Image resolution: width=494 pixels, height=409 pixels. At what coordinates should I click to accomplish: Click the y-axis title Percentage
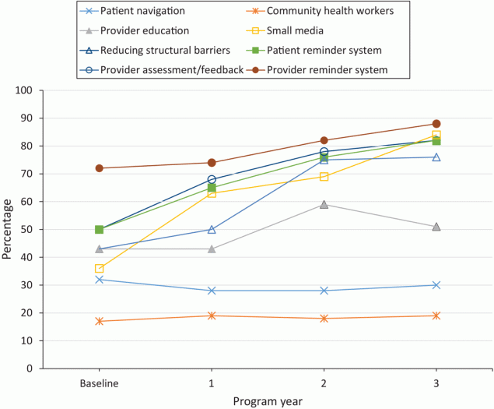tap(9, 229)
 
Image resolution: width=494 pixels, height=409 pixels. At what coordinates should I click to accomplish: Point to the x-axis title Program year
tap(268, 400)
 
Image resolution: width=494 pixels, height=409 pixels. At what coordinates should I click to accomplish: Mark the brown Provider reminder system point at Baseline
tap(99, 168)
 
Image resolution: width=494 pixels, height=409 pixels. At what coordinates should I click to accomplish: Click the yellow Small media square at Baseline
tap(99, 269)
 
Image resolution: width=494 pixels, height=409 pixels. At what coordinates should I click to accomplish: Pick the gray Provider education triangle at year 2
tap(324, 205)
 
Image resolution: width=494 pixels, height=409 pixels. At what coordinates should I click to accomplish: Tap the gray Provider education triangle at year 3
tap(436, 227)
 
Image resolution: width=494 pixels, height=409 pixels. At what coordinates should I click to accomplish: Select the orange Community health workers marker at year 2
tap(324, 319)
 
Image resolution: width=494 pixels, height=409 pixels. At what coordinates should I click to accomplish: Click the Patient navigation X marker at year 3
tap(436, 285)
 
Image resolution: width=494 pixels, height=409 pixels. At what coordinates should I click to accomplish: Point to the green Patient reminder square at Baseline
tap(99, 230)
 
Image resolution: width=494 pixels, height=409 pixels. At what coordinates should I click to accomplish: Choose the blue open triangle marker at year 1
tap(212, 230)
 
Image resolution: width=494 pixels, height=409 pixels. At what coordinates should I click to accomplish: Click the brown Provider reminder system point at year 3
tap(436, 124)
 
